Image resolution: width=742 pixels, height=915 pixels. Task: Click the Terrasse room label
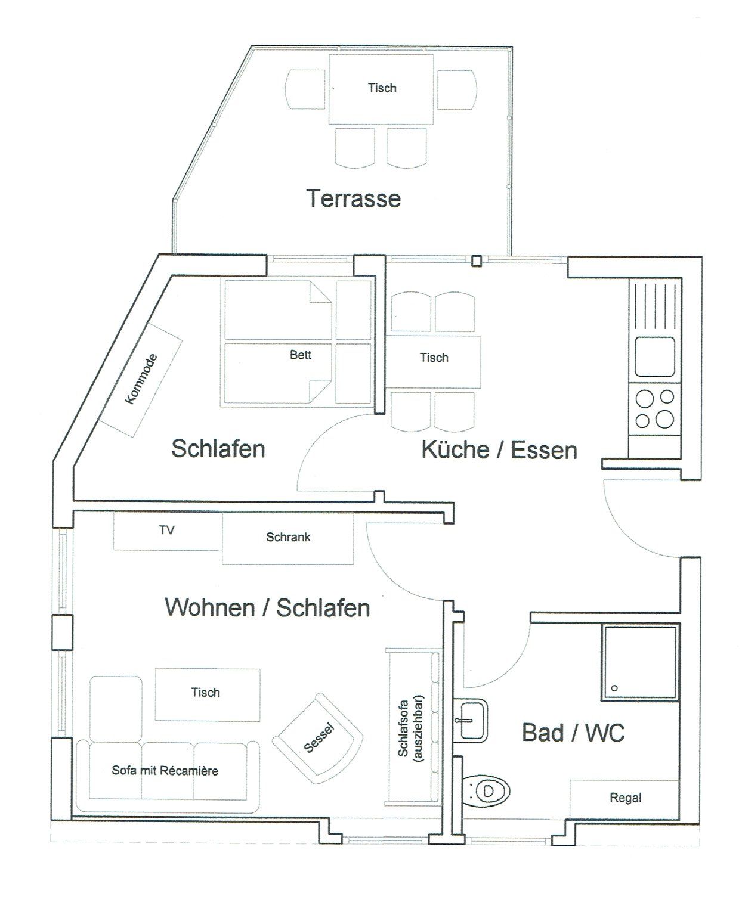click(354, 198)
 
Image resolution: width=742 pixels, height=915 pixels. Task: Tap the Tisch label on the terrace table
click(382, 88)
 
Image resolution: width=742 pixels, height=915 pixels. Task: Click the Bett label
click(300, 355)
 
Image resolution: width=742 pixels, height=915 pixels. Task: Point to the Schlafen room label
click(218, 448)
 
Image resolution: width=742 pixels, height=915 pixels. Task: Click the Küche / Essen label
click(499, 449)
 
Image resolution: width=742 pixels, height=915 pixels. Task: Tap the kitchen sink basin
click(654, 356)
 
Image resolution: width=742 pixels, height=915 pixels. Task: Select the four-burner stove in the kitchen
click(654, 408)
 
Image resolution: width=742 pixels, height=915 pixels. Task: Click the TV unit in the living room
click(168, 531)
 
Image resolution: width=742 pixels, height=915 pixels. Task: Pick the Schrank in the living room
click(288, 538)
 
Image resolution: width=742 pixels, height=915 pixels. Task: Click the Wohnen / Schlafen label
click(267, 607)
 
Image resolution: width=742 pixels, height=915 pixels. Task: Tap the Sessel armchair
click(319, 738)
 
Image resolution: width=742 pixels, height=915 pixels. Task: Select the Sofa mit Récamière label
click(165, 771)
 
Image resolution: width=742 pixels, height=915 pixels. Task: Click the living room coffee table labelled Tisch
click(206, 693)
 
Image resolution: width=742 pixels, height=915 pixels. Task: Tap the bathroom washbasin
click(471, 719)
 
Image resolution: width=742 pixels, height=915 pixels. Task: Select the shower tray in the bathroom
click(640, 662)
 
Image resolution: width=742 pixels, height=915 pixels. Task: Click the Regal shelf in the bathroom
click(624, 798)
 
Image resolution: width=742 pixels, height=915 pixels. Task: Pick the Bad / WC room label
click(573, 733)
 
